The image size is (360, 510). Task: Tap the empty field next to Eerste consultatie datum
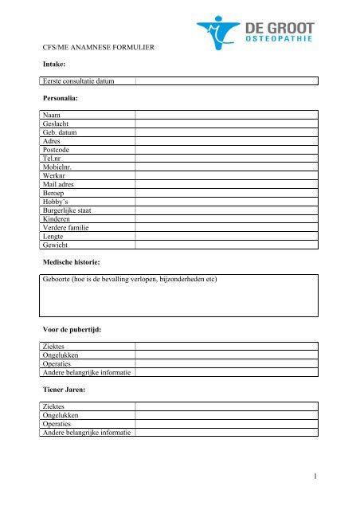pyautogui.click(x=226, y=80)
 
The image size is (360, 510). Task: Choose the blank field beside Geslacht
pyautogui.click(x=226, y=126)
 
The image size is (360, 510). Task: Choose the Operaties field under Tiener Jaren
pyautogui.click(x=226, y=425)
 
